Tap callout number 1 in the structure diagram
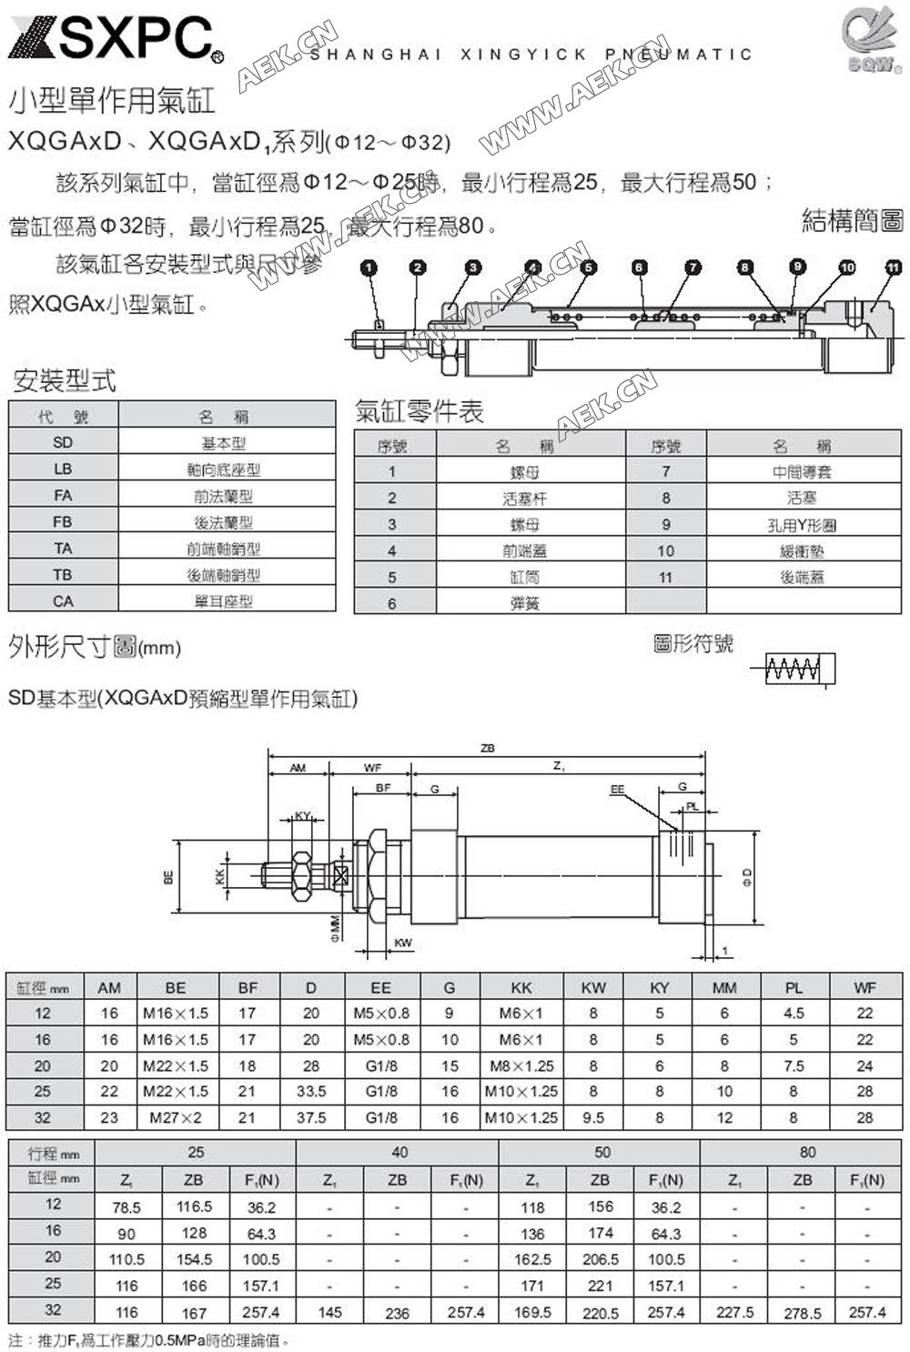point(369,267)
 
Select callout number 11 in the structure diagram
point(893,267)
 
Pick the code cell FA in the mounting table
point(63,496)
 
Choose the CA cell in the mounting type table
point(63,601)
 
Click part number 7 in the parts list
point(665,471)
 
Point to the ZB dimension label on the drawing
point(488,748)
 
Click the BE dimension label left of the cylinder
point(168,878)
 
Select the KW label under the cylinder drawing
point(403,943)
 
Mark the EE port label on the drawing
point(618,790)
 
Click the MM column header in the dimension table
point(724,987)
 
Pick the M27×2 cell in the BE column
point(176,1117)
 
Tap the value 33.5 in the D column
point(311,1091)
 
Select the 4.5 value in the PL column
point(794,1013)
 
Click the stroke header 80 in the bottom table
point(807,1152)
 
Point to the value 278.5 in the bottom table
point(802,1313)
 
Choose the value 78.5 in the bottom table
point(126,1207)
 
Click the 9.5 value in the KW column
point(593,1117)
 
